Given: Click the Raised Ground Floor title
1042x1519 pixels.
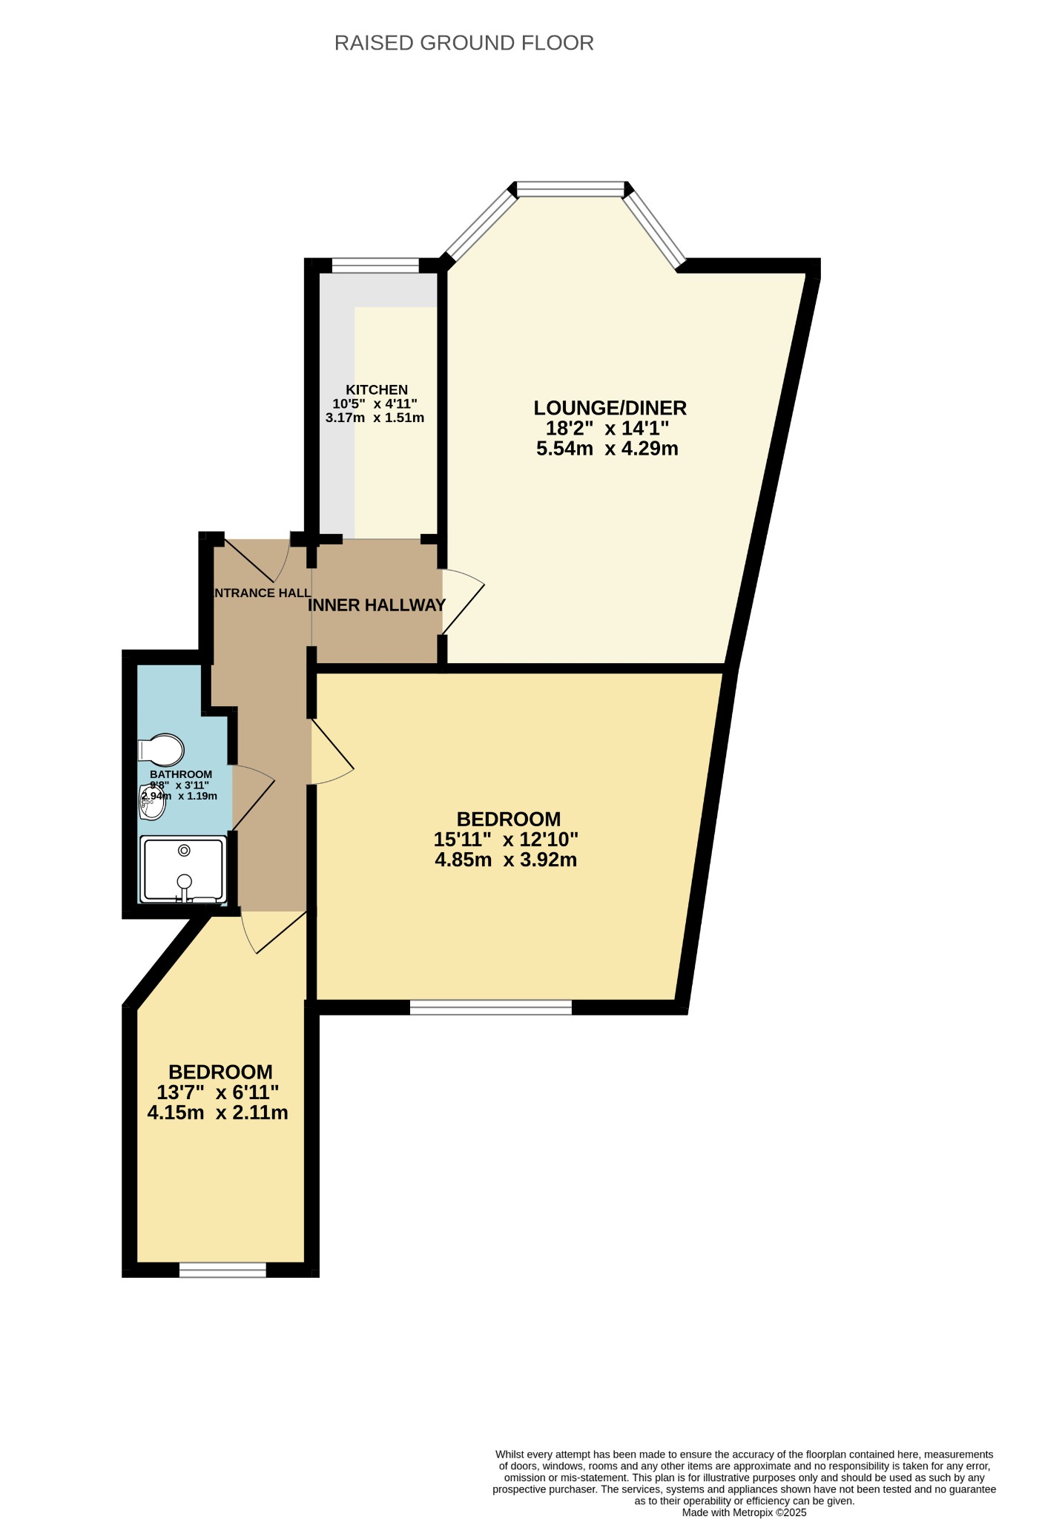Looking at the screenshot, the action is [x=464, y=43].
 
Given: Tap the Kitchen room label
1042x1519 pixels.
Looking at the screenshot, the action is [x=377, y=389].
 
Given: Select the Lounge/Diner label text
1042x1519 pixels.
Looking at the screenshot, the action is [x=610, y=408].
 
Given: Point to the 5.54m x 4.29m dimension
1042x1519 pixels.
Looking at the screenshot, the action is [x=607, y=448].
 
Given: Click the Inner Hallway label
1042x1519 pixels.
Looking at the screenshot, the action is [x=377, y=605].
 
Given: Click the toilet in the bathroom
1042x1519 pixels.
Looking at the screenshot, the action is [x=161, y=750].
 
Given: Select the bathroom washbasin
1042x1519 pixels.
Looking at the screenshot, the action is [x=152, y=803].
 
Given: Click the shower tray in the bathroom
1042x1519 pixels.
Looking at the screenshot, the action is [x=183, y=869].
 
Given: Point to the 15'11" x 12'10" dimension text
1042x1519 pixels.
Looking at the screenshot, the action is [x=507, y=840].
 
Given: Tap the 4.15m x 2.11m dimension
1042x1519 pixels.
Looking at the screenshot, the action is [x=218, y=1113].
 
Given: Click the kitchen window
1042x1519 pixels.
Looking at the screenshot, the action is [x=375, y=265].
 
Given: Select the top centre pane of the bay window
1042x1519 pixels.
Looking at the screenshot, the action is [x=571, y=189].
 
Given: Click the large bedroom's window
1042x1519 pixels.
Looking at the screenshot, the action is [x=491, y=1006].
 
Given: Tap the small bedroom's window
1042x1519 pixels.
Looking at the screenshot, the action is [x=222, y=1270].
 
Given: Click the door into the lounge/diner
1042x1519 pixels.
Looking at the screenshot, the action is [x=463, y=601].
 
